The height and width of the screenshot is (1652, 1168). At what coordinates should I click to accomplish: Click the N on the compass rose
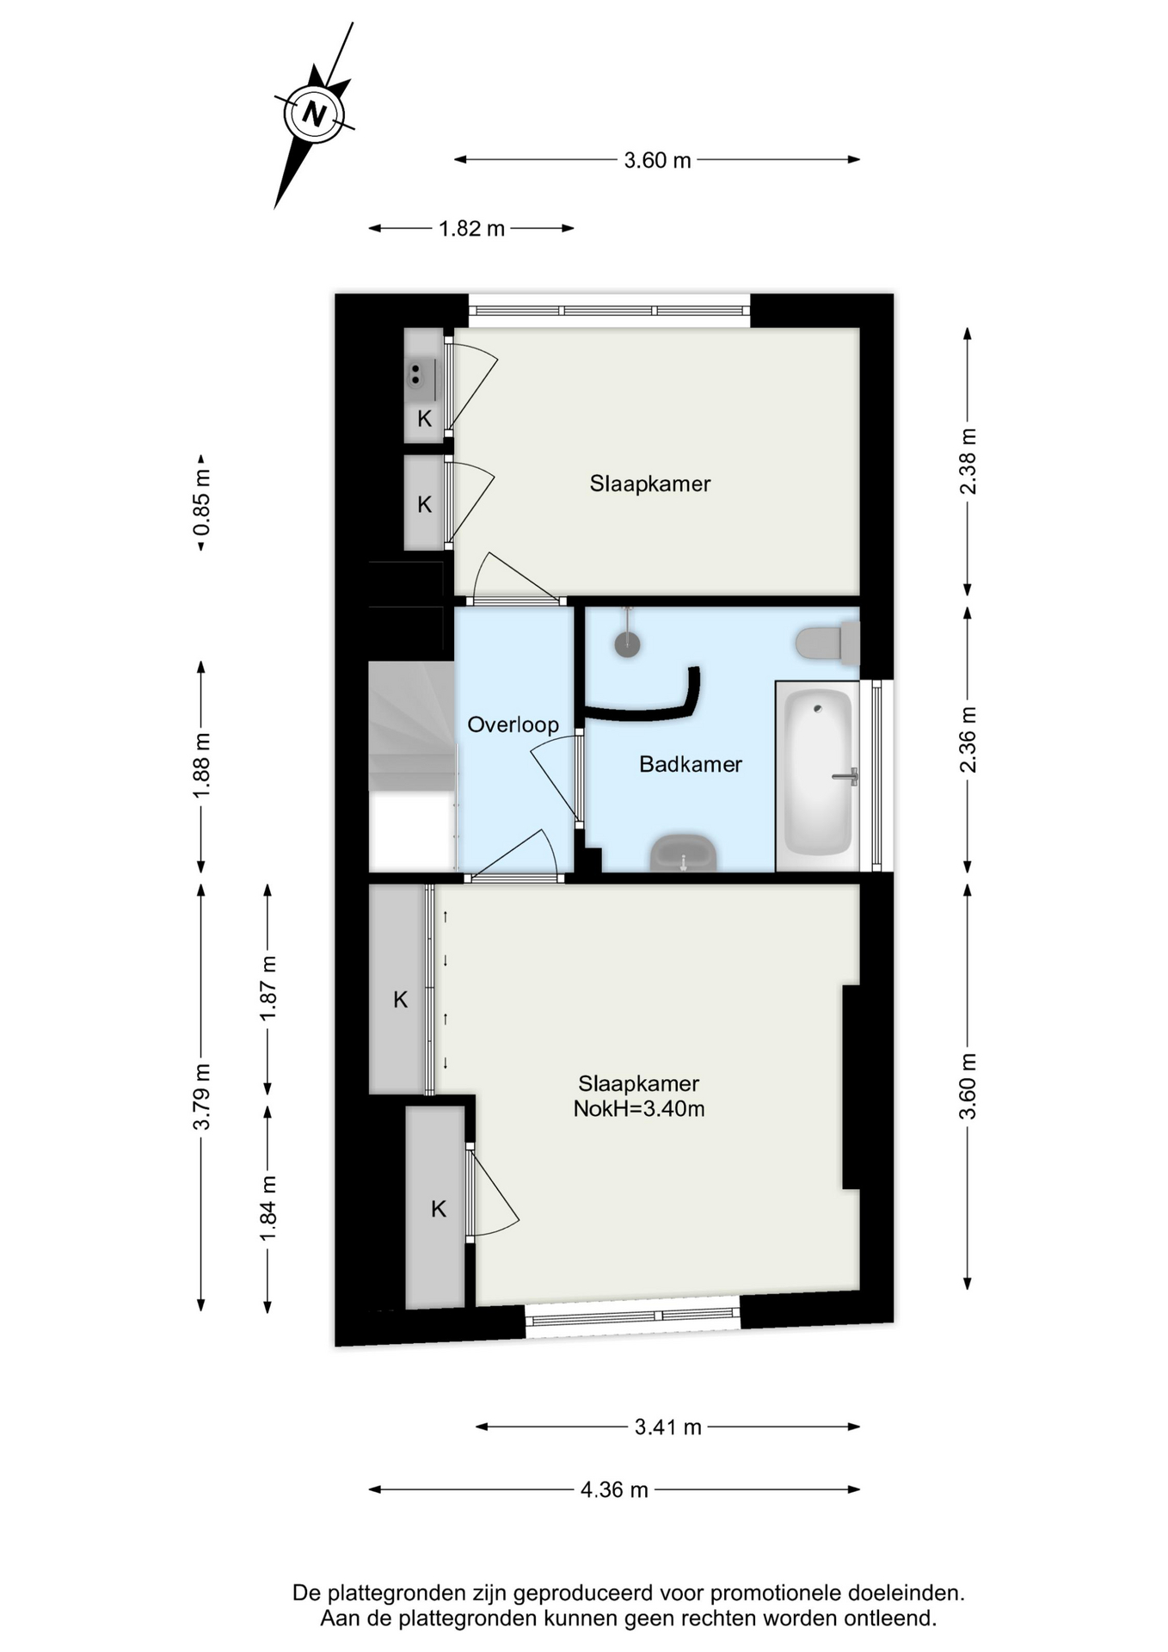point(315,114)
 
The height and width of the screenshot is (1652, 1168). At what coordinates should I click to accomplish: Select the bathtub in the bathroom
point(818,775)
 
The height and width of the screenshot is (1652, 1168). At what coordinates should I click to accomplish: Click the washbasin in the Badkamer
point(684,854)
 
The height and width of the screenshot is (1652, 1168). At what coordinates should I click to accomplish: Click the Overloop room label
point(513,724)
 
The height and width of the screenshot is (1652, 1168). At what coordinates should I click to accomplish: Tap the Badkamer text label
point(691,764)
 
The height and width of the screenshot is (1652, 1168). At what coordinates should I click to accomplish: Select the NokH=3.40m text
point(639,1108)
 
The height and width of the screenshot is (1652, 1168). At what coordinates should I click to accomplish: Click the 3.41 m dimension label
point(668,1427)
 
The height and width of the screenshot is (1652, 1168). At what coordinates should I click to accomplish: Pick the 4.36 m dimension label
point(614,1489)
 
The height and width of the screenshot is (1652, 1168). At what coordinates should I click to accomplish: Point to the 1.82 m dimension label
point(471,229)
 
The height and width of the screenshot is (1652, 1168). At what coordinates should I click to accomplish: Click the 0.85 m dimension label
point(201,502)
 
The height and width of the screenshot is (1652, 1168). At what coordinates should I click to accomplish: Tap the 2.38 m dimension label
point(968,461)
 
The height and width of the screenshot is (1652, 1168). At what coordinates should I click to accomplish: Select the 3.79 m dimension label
point(201,1097)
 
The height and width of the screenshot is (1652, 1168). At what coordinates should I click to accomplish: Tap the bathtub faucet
point(846,776)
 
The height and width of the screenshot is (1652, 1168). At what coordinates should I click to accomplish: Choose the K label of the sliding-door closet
point(400,999)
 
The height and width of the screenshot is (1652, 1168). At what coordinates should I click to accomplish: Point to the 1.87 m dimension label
point(268,989)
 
